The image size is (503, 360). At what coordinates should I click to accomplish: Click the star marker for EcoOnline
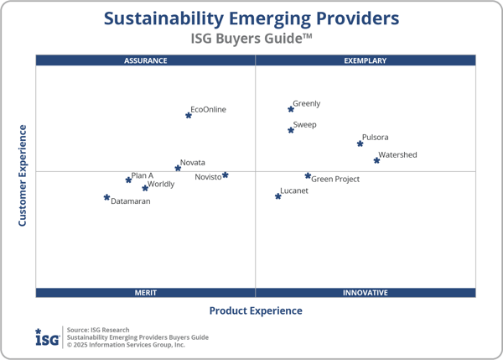pos(188,115)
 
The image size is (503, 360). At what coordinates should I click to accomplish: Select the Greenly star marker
pos(291,109)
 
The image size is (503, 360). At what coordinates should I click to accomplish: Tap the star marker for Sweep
pos(291,130)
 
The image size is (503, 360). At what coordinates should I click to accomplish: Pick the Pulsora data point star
pos(360,143)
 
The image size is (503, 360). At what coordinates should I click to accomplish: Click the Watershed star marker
pos(376,160)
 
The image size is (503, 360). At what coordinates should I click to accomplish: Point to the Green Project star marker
pos(308,176)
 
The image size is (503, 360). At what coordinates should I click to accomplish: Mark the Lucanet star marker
pos(278,196)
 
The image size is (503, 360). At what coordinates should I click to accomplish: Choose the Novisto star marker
pos(226,175)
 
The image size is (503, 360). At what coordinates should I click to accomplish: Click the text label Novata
pos(193,163)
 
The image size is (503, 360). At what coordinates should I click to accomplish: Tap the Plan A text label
pos(143,176)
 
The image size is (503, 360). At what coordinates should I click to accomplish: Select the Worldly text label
pos(161,185)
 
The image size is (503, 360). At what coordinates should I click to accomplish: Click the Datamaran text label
pos(131,202)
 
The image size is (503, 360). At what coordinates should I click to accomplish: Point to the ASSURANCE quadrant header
pos(146,60)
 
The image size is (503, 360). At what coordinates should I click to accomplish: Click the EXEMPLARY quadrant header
pos(366,60)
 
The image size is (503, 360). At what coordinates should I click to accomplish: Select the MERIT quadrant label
pos(146,293)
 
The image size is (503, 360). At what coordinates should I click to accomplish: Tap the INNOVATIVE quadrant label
pos(366,293)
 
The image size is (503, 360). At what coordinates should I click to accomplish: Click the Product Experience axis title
pos(256,311)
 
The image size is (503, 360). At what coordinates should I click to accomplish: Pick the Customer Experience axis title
pos(23,175)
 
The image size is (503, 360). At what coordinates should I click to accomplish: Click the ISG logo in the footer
pos(47,337)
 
